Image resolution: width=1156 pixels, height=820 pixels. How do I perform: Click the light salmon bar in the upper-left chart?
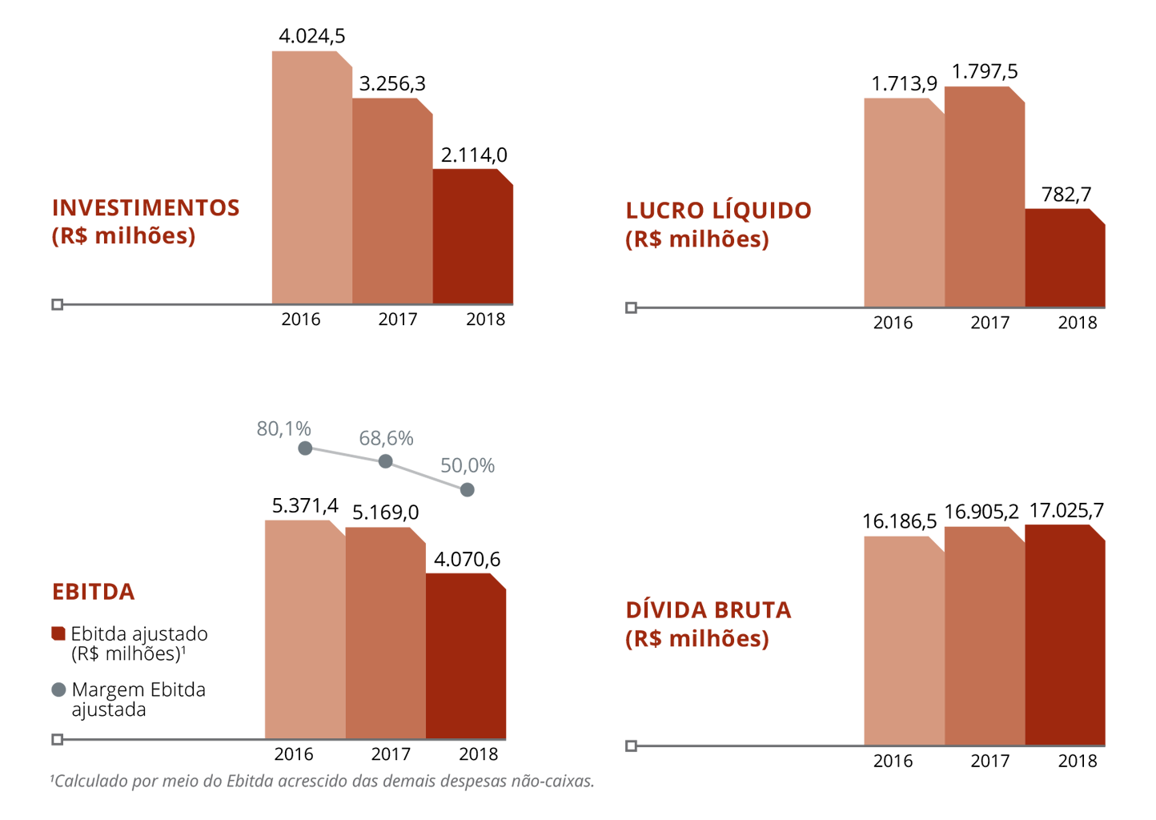tap(312, 176)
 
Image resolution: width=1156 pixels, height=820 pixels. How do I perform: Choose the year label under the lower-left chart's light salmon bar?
tap(291, 756)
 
